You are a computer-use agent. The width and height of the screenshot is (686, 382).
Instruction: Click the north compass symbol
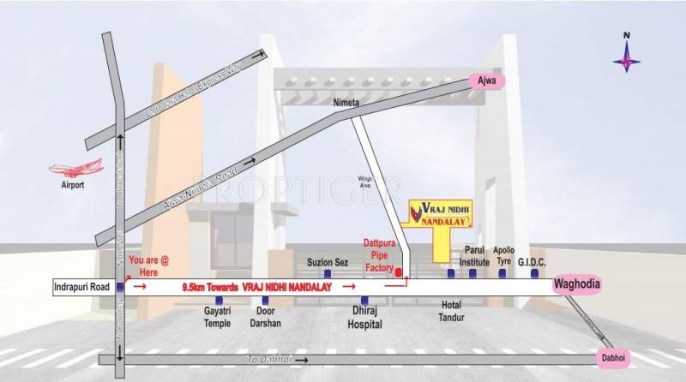[627, 54]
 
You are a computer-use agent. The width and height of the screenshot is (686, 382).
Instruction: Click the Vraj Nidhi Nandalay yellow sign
[442, 214]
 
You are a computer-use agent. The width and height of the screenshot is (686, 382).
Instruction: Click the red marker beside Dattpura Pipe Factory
[399, 272]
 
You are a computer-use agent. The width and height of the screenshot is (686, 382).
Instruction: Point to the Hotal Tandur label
[451, 312]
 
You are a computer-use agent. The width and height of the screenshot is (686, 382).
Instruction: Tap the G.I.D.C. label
[533, 262]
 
